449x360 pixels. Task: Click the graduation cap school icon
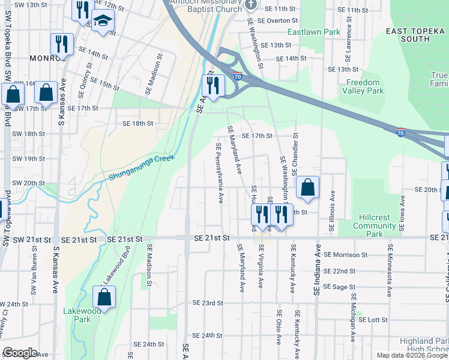point(103,22)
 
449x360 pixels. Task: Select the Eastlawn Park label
point(310,32)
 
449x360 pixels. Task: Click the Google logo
point(19,353)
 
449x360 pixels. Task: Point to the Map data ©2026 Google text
point(412,355)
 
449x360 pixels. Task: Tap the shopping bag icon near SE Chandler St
point(307,187)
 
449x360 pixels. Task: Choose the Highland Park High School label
point(423,345)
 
